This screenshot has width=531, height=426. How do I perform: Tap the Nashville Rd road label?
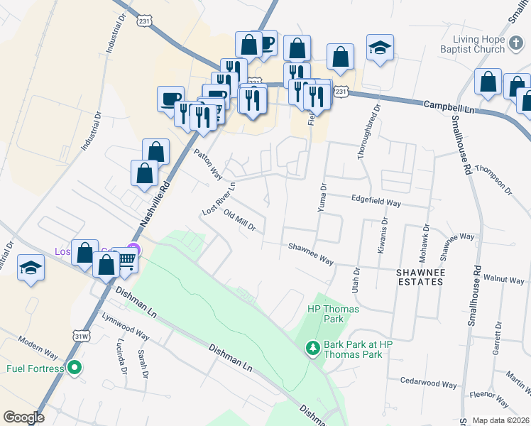156,203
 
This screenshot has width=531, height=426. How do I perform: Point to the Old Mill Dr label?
239,221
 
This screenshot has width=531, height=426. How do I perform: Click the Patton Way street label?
208,164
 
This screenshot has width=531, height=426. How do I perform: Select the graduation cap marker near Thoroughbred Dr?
380,48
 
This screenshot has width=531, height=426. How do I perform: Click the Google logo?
23,417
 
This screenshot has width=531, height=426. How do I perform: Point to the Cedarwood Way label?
429,383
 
